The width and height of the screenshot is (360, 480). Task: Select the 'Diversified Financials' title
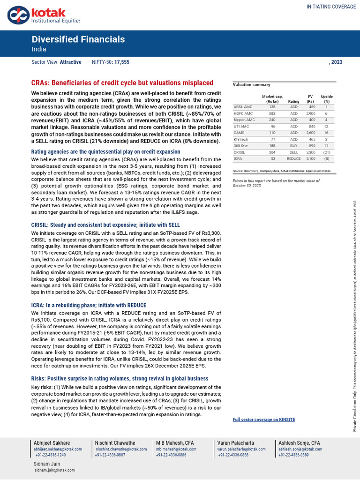pos(78,39)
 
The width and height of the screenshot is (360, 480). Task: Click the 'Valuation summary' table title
pos(251,85)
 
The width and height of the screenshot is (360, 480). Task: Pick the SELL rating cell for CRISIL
pos(293,152)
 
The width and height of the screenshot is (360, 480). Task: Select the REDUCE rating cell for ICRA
pos(293,159)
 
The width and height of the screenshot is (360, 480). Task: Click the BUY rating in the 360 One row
pos(293,146)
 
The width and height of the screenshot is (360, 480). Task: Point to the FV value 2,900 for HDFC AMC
pos(310,113)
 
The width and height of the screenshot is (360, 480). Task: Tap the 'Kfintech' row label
pos(241,139)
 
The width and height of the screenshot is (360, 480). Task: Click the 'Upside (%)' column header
pos(326,98)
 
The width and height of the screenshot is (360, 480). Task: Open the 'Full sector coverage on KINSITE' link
pos(264,420)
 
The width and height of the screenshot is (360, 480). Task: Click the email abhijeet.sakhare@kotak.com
pos(58,449)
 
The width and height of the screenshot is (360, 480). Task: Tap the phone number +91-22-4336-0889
pos(294,455)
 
